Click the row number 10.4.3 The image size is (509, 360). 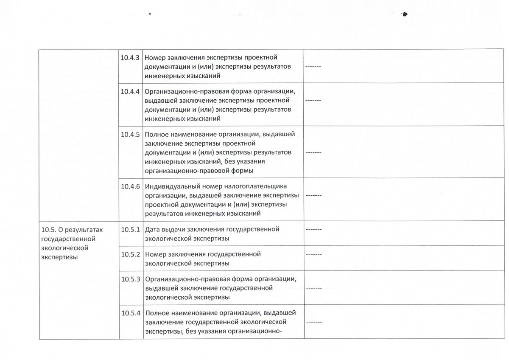pyautogui.click(x=130, y=57)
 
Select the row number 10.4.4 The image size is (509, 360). pyautogui.click(x=130, y=91)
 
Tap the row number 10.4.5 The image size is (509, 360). pyautogui.click(x=130, y=134)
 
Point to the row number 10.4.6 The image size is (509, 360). pyautogui.click(x=130, y=186)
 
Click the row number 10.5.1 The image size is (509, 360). pyautogui.click(x=130, y=230)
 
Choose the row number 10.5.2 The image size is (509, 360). pyautogui.click(x=130, y=254)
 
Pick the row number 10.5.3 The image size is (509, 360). pyautogui.click(x=130, y=279)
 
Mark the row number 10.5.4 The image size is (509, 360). pyautogui.click(x=130, y=313)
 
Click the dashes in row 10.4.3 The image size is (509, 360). pyautogui.click(x=313, y=67)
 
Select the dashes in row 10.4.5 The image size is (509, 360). pyautogui.click(x=313, y=152)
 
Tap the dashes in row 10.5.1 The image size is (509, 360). pyautogui.click(x=313, y=230)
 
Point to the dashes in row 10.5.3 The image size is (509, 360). pyautogui.click(x=313, y=288)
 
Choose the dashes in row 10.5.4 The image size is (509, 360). pyautogui.click(x=313, y=322)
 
